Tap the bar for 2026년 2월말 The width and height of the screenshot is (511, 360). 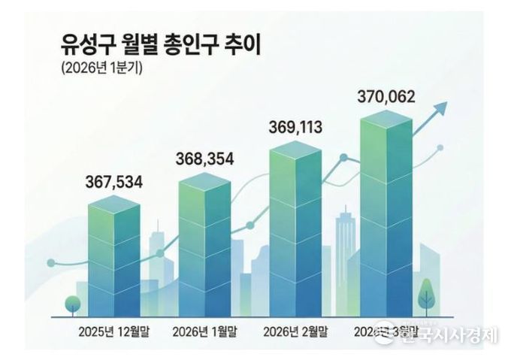[295, 229]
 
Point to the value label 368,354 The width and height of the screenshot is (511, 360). [204, 159]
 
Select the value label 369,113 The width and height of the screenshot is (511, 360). [295, 128]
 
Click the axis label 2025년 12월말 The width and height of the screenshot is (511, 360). [113, 331]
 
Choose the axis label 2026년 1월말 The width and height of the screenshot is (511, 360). [204, 331]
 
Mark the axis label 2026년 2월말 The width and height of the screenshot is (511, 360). [295, 331]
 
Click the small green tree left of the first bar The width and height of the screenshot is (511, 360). [73, 304]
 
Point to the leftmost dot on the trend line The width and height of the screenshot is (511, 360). [51, 263]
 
